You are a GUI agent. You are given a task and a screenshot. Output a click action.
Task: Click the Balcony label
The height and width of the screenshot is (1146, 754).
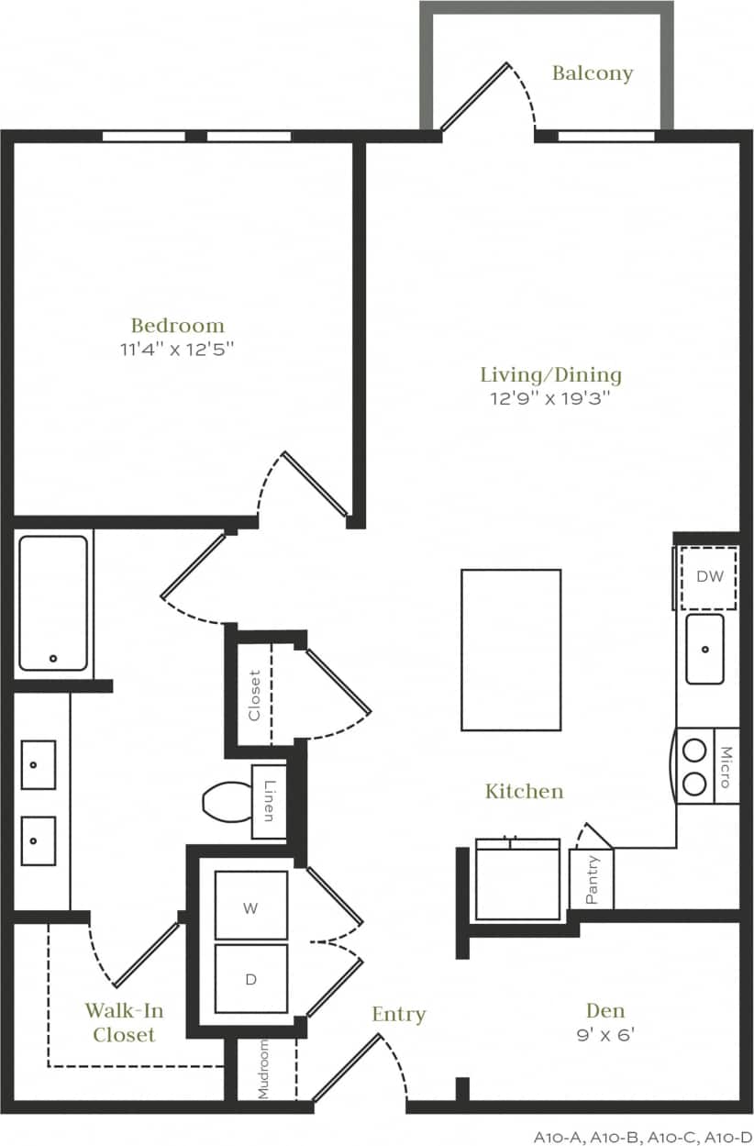pos(593,73)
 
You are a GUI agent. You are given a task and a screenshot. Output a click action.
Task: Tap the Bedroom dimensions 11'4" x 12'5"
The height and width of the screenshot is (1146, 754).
pos(178,348)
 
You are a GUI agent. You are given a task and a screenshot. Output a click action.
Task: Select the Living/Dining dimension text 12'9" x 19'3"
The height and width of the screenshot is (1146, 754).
pos(550,398)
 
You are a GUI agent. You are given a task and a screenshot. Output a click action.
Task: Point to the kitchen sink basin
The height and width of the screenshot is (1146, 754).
pos(704,649)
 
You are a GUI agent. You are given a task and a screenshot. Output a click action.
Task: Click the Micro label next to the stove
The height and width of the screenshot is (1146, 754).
pos(725,767)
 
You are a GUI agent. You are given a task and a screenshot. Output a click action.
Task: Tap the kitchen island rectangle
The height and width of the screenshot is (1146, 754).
pos(511,650)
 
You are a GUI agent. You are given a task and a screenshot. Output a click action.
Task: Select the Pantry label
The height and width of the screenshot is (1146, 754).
pos(593,880)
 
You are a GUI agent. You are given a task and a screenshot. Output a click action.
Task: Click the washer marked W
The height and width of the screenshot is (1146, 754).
pos(250,907)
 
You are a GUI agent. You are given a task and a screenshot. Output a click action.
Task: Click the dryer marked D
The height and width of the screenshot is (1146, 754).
pos(250,979)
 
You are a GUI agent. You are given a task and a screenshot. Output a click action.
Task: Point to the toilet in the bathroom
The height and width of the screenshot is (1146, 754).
pos(225,801)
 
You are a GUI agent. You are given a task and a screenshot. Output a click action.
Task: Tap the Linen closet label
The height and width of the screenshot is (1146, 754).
pos(269,801)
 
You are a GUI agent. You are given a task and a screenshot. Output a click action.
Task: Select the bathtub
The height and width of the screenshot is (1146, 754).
pos(53,602)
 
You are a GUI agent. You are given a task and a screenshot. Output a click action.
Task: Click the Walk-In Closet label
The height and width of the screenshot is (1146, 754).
pos(124,1022)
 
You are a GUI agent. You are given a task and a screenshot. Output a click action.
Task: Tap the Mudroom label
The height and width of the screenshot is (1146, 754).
pos(263,1069)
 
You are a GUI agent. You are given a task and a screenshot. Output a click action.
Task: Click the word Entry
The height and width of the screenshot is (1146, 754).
pos(399,1014)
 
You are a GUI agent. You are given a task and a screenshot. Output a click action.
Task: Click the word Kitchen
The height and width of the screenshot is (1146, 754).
pos(524,790)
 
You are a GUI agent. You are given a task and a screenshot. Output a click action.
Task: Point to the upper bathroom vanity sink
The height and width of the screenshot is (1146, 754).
pos(39,764)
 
